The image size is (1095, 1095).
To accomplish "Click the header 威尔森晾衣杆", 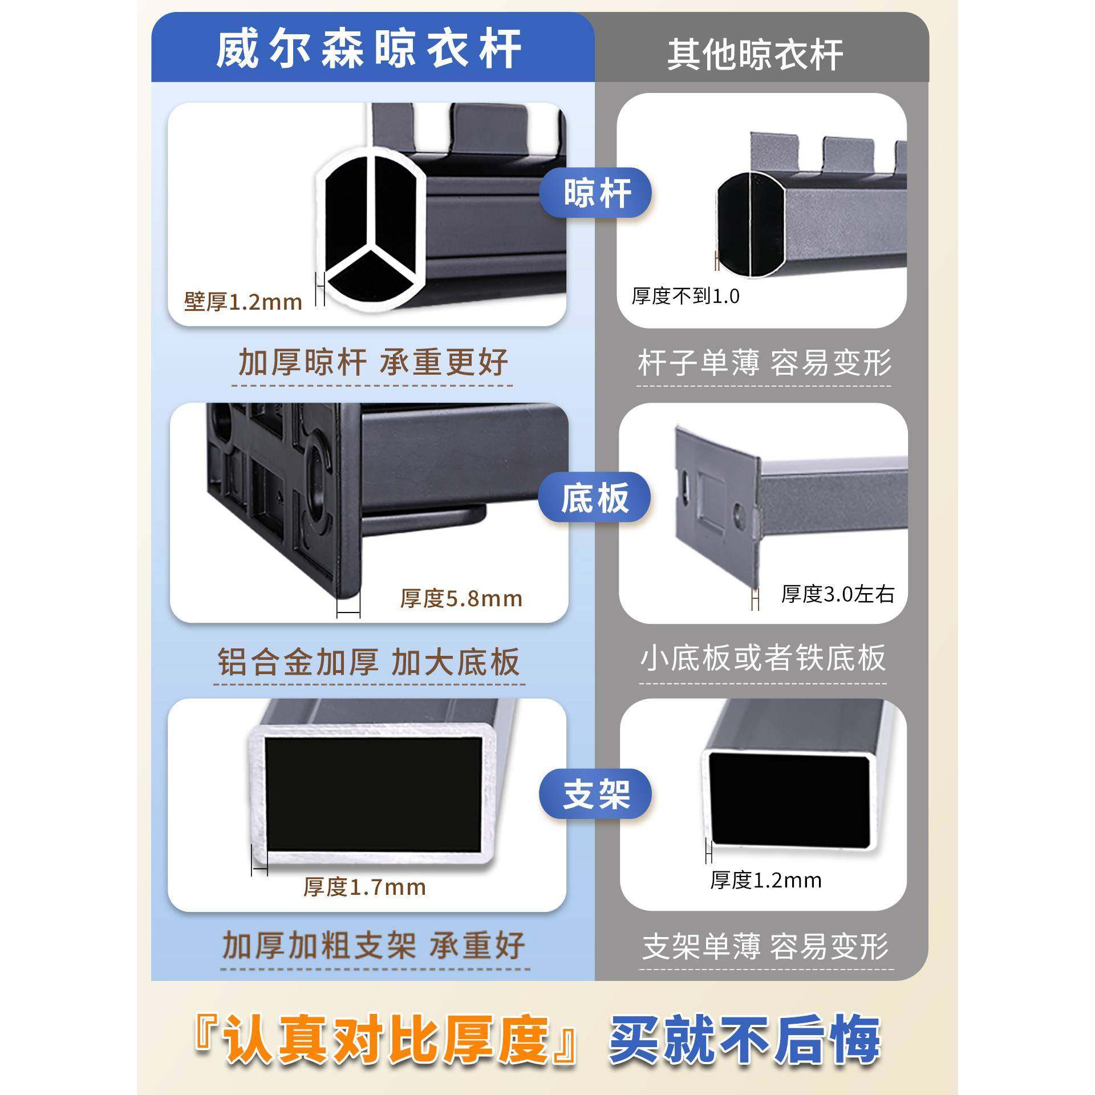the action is point(368,50).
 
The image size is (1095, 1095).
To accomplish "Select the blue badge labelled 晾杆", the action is point(597,193).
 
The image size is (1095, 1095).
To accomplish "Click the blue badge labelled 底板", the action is point(595,497).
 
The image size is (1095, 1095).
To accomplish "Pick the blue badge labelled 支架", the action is point(596,794).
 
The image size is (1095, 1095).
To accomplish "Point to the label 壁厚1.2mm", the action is point(243,302).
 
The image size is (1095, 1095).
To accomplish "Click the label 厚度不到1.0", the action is point(685,296).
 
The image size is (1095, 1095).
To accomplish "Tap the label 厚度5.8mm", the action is point(461,598).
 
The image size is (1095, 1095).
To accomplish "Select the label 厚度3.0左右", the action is point(837,594).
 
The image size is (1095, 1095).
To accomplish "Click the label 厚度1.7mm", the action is point(364,887).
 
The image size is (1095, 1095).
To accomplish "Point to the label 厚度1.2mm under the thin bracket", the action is point(765,880).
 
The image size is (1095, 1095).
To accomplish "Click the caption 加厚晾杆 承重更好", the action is point(372,362).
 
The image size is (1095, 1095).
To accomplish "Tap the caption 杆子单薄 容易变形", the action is point(764,362).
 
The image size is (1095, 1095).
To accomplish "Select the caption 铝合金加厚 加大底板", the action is point(369,662).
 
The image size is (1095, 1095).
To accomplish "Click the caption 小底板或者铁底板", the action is point(763,658).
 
